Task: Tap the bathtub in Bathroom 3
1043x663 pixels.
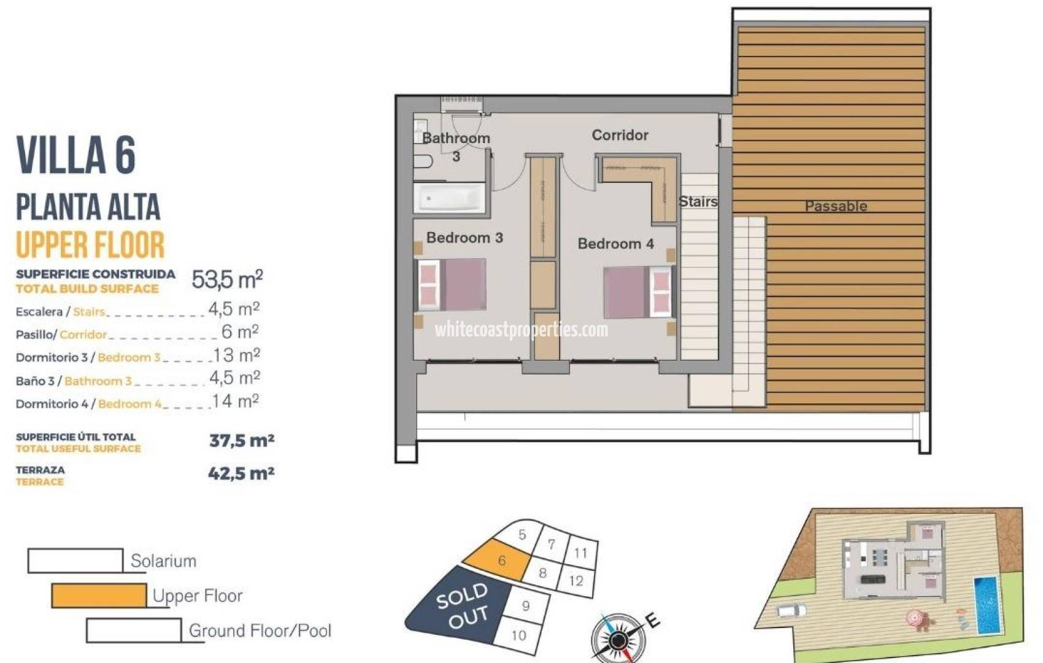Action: pos(450,198)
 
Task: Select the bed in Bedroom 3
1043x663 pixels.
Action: pos(453,285)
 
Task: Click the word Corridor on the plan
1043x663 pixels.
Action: pos(620,135)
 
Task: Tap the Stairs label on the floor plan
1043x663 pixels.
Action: pos(698,201)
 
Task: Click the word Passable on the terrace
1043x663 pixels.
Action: pos(836,206)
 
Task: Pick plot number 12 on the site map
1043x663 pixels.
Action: pos(576,580)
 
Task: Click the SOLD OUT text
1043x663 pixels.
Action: pos(464,606)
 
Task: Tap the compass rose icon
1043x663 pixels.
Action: pos(618,638)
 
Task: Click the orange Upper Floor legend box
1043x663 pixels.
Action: pos(99,595)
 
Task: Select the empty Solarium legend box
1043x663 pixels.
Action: pos(75,560)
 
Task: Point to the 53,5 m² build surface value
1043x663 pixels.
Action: pos(227,280)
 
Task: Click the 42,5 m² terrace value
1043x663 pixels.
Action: pos(241,473)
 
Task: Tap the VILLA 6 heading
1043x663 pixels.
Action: pos(76,155)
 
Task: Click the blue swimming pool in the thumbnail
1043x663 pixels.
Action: pos(988,604)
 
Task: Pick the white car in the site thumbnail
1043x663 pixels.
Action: pos(791,610)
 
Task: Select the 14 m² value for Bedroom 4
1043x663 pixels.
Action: pos(236,401)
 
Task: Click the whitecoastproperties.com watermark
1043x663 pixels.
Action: pos(521,330)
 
